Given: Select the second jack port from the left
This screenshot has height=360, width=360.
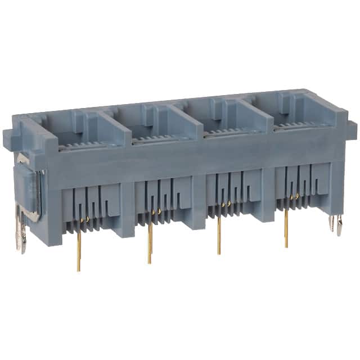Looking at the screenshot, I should (x=159, y=121).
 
